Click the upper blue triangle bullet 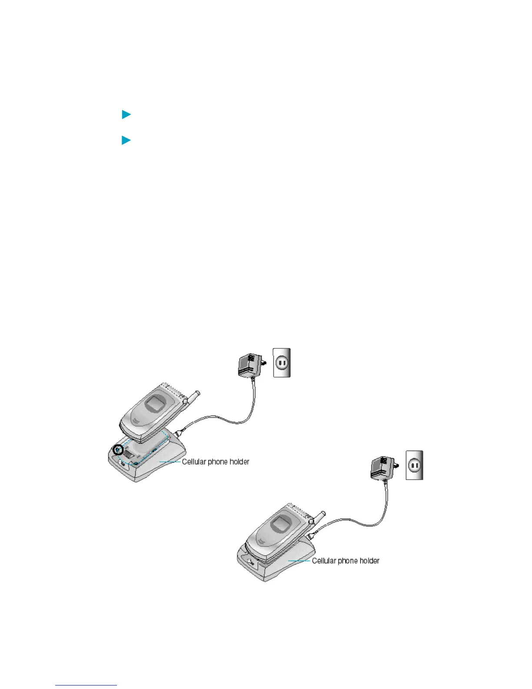[126, 115]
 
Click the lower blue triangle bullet [126, 140]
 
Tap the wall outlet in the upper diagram [282, 362]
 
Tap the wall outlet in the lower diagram [414, 465]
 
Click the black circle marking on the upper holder [118, 450]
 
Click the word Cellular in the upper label [194, 462]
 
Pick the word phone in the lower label [348, 561]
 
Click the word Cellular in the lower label [324, 561]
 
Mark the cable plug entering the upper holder [180, 433]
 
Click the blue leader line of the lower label [299, 561]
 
